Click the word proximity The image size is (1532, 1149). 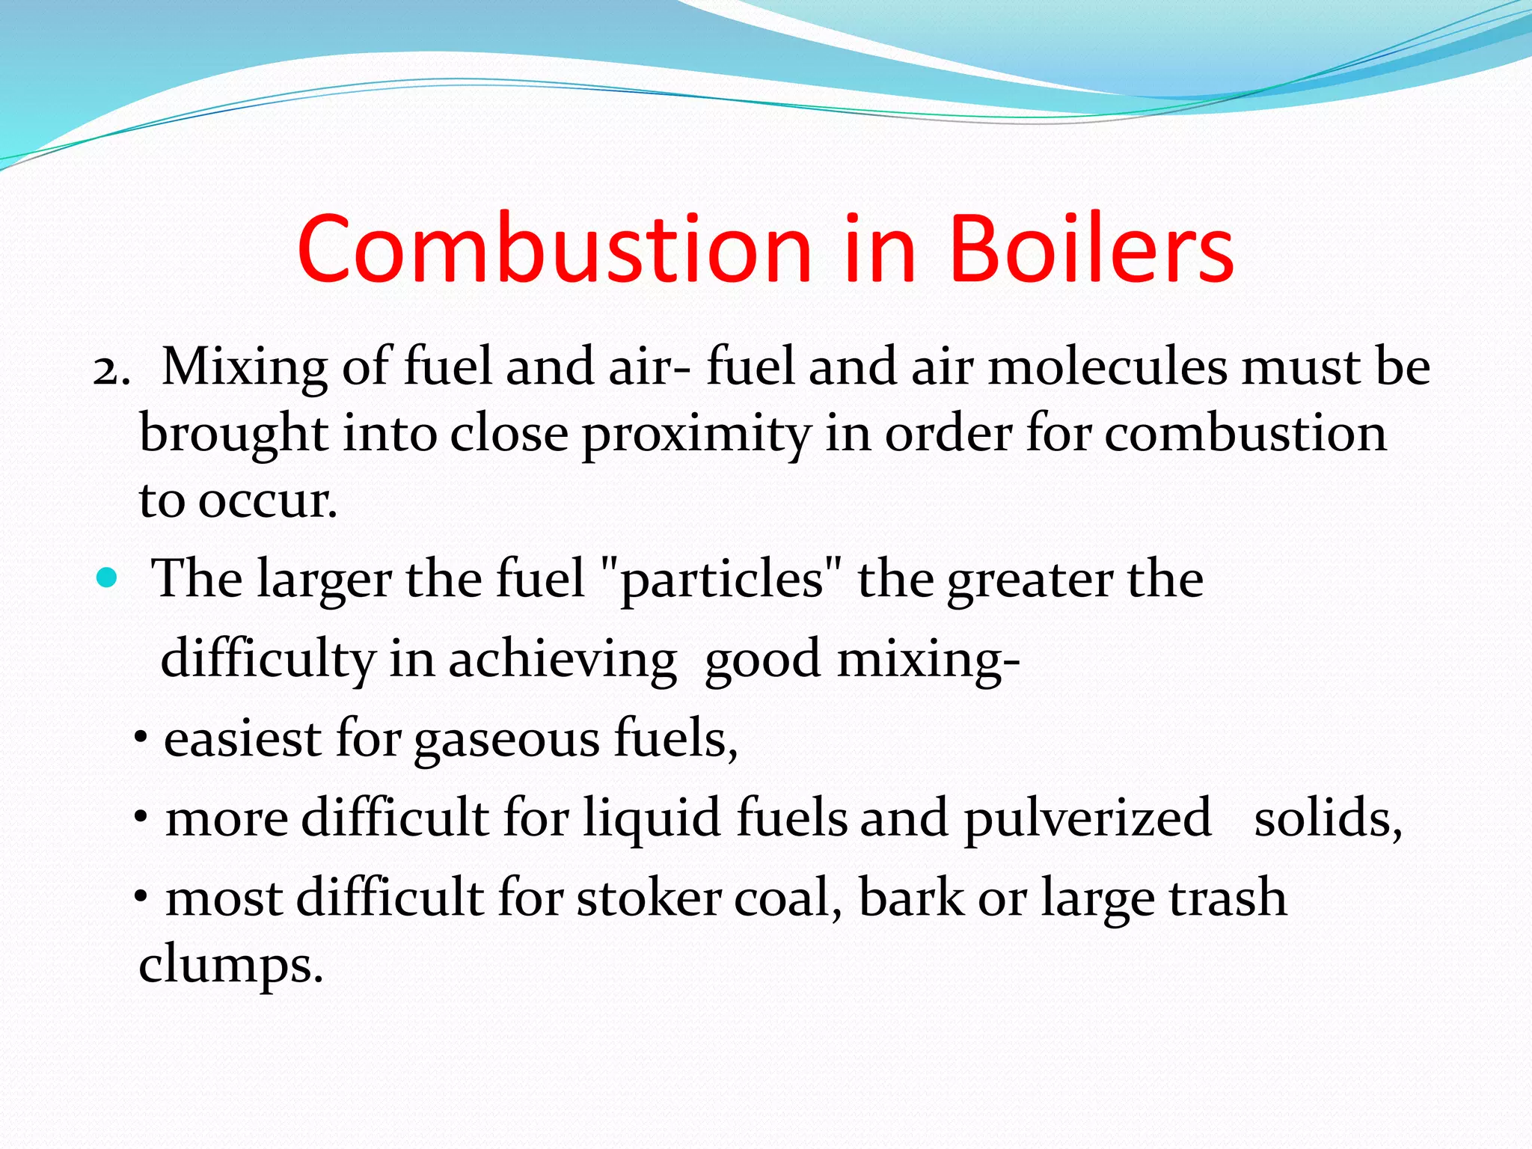(696, 435)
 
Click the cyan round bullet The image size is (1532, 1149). (108, 578)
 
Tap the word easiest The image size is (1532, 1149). (242, 738)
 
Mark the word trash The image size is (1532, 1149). (1227, 897)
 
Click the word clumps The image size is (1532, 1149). (230, 966)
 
